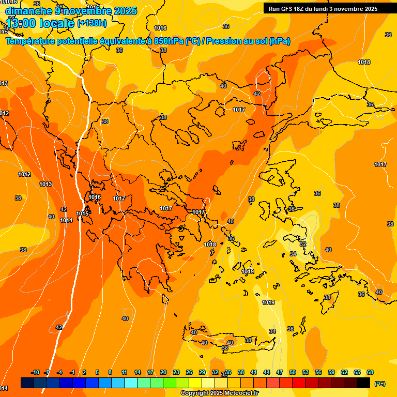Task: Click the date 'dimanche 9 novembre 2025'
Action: click(x=71, y=11)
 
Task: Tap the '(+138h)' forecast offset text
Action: click(x=91, y=23)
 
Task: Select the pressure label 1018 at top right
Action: click(x=364, y=62)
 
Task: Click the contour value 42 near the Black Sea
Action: click(x=257, y=94)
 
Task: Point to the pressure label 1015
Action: click(x=82, y=213)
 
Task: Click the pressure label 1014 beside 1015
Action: click(x=66, y=220)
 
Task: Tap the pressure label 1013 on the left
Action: click(x=45, y=184)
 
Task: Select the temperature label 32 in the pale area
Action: click(x=303, y=244)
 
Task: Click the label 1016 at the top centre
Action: click(x=160, y=28)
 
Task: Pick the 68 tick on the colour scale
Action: click(x=370, y=373)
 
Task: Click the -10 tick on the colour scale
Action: click(x=35, y=373)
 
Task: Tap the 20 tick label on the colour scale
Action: click(x=163, y=373)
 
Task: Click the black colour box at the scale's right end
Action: click(x=363, y=383)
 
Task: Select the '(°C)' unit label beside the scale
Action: click(x=380, y=384)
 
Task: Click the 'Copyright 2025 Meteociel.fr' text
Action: click(x=219, y=393)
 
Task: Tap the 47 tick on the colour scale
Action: click(x=280, y=373)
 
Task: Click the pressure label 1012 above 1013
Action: click(x=24, y=174)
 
